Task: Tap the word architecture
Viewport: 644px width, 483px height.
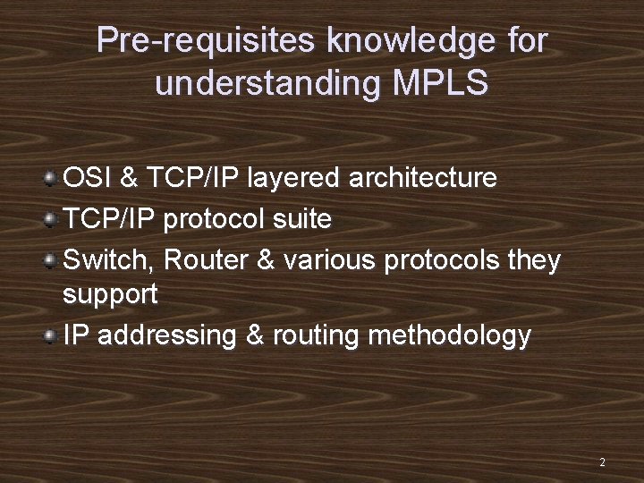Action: pos(422,178)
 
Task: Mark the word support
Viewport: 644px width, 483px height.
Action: pos(110,293)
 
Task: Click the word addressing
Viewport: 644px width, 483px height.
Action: pos(168,336)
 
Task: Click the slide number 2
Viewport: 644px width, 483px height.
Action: pos(602,462)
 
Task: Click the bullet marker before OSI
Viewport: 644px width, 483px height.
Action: pos(52,177)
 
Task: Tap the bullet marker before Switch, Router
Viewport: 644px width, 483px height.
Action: pos(52,259)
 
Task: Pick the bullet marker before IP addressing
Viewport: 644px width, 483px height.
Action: pos(52,335)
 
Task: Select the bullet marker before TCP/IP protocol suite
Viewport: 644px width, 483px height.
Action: pos(52,218)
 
